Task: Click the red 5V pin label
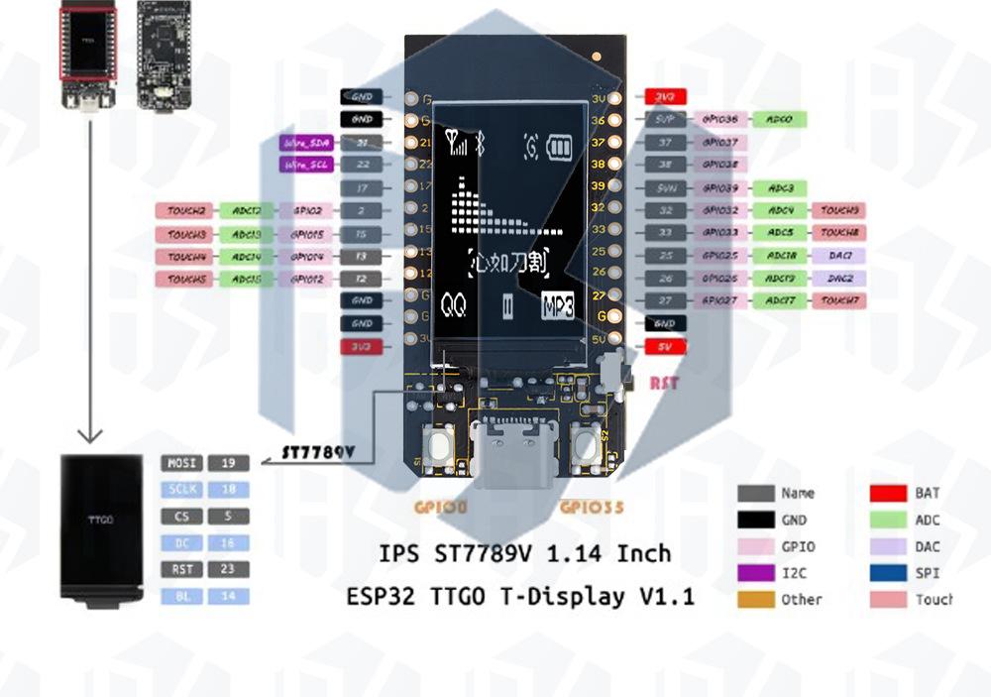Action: tap(664, 347)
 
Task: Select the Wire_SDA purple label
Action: tap(306, 143)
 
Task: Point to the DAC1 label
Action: tap(838, 256)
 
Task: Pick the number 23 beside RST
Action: tap(228, 569)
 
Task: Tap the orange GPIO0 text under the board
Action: tap(442, 507)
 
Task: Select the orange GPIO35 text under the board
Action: tap(592, 507)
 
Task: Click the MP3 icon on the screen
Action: tap(558, 306)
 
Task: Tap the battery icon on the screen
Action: tap(560, 148)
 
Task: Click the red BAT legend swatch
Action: tap(889, 493)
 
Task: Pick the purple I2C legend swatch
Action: tap(755, 573)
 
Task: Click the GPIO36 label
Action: tap(719, 119)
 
